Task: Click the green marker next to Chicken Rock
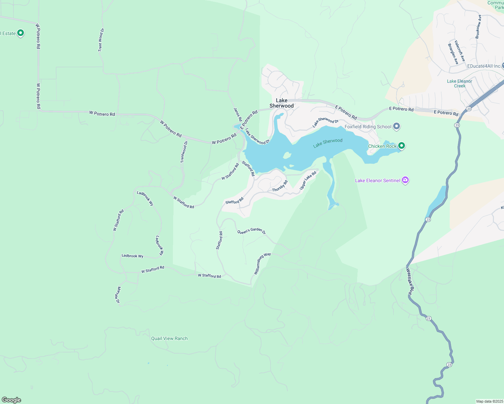(401, 146)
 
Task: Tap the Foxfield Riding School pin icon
(397, 127)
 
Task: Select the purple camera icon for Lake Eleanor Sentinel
(405, 180)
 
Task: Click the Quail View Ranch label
(169, 338)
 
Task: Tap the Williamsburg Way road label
(262, 264)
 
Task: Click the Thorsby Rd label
(280, 186)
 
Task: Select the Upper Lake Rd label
(308, 180)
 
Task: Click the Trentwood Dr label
(184, 152)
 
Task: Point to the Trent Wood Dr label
(101, 40)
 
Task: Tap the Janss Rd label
(238, 114)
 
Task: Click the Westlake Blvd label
(410, 282)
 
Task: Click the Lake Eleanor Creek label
(460, 83)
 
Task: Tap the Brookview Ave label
(478, 27)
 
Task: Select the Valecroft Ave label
(460, 51)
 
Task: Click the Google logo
(11, 400)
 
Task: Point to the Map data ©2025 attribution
(489, 401)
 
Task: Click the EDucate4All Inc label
(484, 66)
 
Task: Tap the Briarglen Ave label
(453, 54)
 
